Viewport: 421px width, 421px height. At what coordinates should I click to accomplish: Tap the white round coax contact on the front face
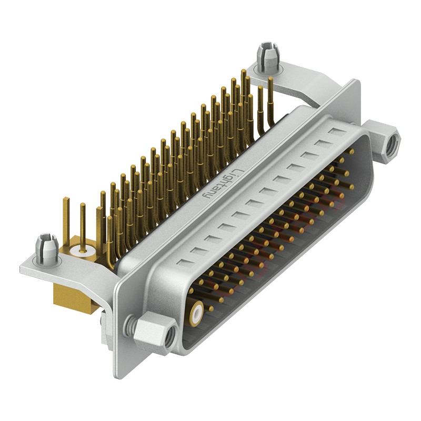pos(197,314)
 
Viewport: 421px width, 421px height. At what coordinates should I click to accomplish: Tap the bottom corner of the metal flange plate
pos(116,375)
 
